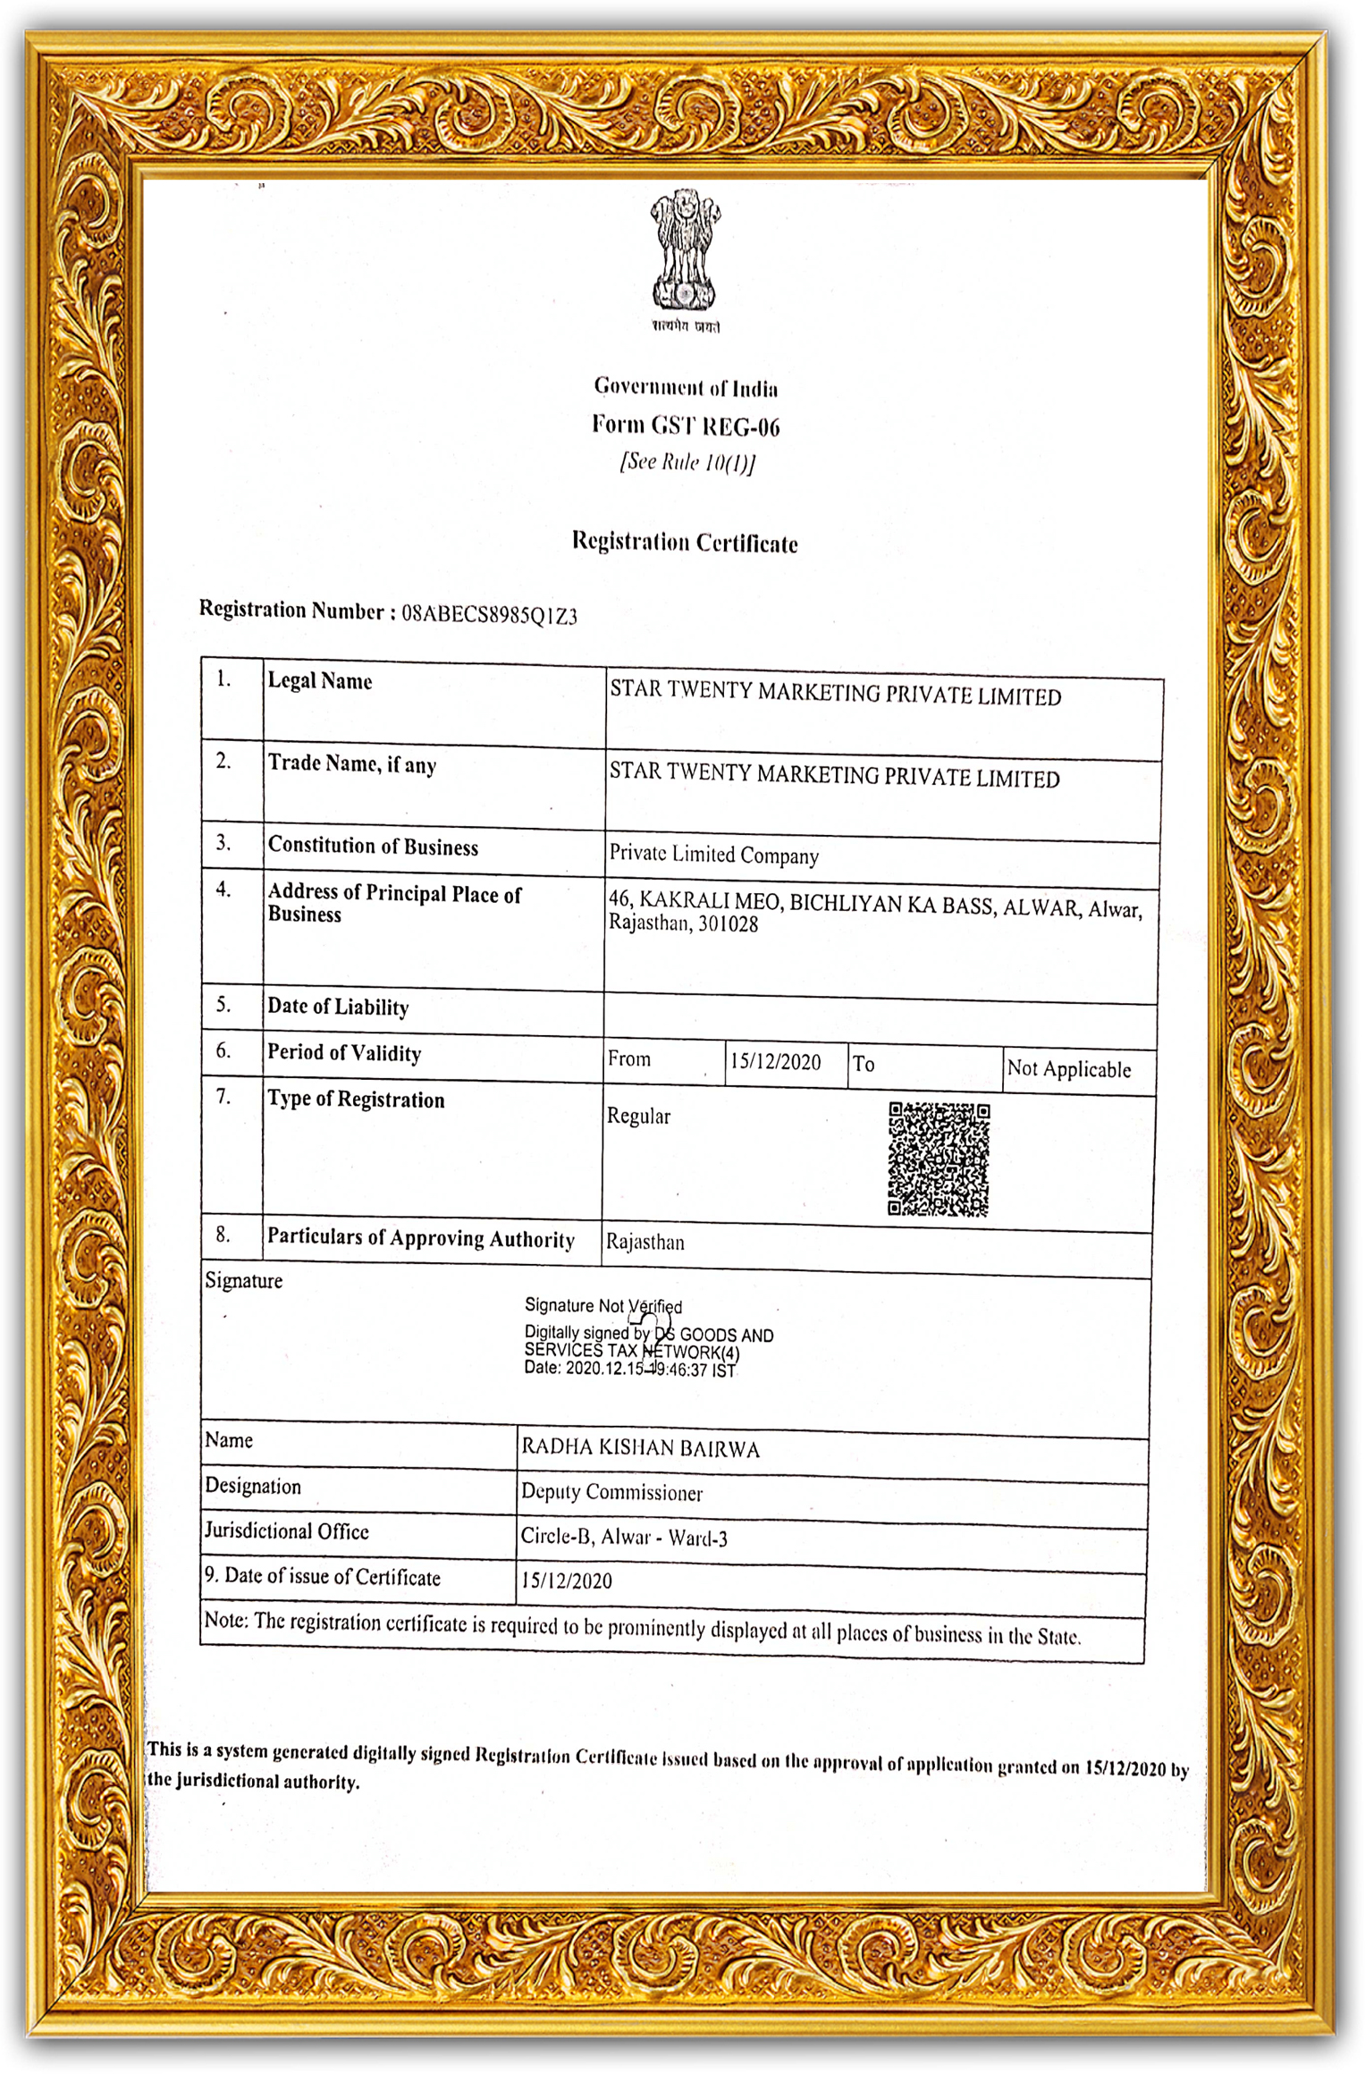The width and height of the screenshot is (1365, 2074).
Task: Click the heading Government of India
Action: pos(686,387)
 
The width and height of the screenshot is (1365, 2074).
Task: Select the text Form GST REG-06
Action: pos(686,426)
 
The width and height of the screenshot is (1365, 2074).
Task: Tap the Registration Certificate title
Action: pos(685,542)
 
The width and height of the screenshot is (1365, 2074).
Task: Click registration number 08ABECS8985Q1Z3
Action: pos(489,614)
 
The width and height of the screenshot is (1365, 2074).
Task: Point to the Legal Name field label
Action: pos(320,681)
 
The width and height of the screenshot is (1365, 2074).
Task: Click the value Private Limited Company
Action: pos(713,855)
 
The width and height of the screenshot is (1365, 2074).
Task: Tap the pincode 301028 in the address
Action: pos(728,924)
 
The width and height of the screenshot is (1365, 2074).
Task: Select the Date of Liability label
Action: pos(338,1007)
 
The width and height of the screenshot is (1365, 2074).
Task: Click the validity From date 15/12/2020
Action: pos(775,1061)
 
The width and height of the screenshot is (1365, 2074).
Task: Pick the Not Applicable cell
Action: pos(1068,1069)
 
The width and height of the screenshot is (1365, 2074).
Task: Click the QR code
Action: pos(938,1159)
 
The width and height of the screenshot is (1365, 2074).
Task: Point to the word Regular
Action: pos(638,1116)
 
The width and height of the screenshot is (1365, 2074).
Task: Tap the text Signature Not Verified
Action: pos(602,1306)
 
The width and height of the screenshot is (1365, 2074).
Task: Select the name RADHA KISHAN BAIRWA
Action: pos(640,1448)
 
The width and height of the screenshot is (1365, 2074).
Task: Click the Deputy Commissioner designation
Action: pos(611,1492)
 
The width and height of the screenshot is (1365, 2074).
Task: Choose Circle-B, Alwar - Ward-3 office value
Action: pos(624,1537)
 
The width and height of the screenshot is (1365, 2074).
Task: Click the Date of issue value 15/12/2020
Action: pos(567,1581)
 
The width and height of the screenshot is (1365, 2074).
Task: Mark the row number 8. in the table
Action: pos(223,1235)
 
